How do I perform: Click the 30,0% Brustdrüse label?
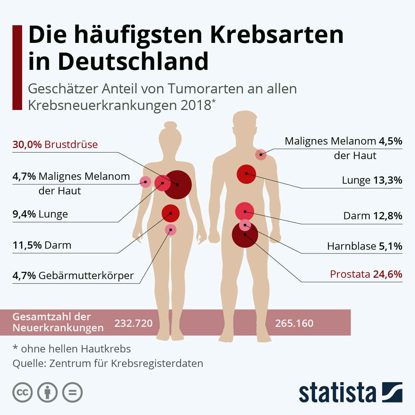(x=55, y=145)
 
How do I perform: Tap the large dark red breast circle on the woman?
(x=177, y=185)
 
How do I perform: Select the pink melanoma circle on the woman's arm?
(x=145, y=182)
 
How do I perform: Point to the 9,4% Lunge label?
(x=40, y=214)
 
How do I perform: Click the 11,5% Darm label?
(x=42, y=245)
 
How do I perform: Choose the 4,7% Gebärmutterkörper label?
(x=73, y=275)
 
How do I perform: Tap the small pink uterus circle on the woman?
(x=170, y=230)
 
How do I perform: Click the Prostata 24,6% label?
(x=366, y=274)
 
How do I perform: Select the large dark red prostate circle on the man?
(x=245, y=235)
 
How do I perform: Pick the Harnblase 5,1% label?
(x=365, y=246)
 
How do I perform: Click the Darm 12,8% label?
(x=373, y=215)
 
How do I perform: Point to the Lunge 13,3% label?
(x=372, y=180)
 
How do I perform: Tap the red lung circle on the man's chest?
(x=246, y=174)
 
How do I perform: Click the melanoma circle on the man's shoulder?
(x=261, y=155)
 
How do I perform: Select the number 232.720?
(x=133, y=323)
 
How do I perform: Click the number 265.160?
(x=294, y=323)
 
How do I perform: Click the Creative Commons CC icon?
(x=22, y=392)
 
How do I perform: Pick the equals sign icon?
(x=72, y=392)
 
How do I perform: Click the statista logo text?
(x=337, y=392)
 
